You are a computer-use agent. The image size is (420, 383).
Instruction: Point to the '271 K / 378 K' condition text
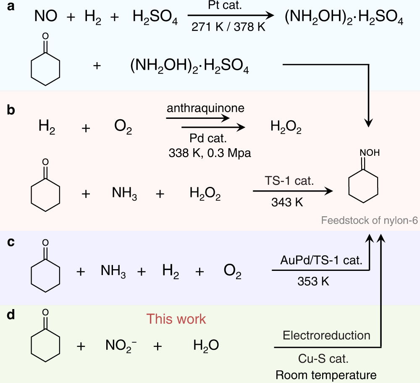228,27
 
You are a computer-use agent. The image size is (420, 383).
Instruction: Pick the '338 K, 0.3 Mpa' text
209,153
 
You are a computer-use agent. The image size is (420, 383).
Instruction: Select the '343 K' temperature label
287,202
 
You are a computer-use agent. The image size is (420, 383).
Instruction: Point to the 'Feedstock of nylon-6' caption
370,220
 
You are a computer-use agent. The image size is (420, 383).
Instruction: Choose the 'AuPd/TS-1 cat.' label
321,260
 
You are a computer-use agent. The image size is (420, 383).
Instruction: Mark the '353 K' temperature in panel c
313,281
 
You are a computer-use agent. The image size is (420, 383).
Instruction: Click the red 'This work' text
176,319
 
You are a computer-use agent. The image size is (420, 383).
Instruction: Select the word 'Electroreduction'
326,335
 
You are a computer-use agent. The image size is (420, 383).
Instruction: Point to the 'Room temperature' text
326,375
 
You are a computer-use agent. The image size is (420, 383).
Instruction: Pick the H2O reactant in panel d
206,346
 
